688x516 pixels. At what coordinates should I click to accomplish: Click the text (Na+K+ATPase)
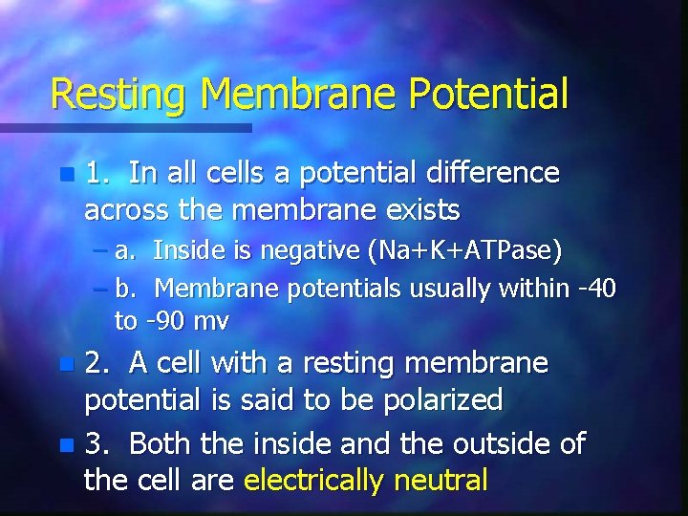(464, 251)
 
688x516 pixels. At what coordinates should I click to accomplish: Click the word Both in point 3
(159, 444)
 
